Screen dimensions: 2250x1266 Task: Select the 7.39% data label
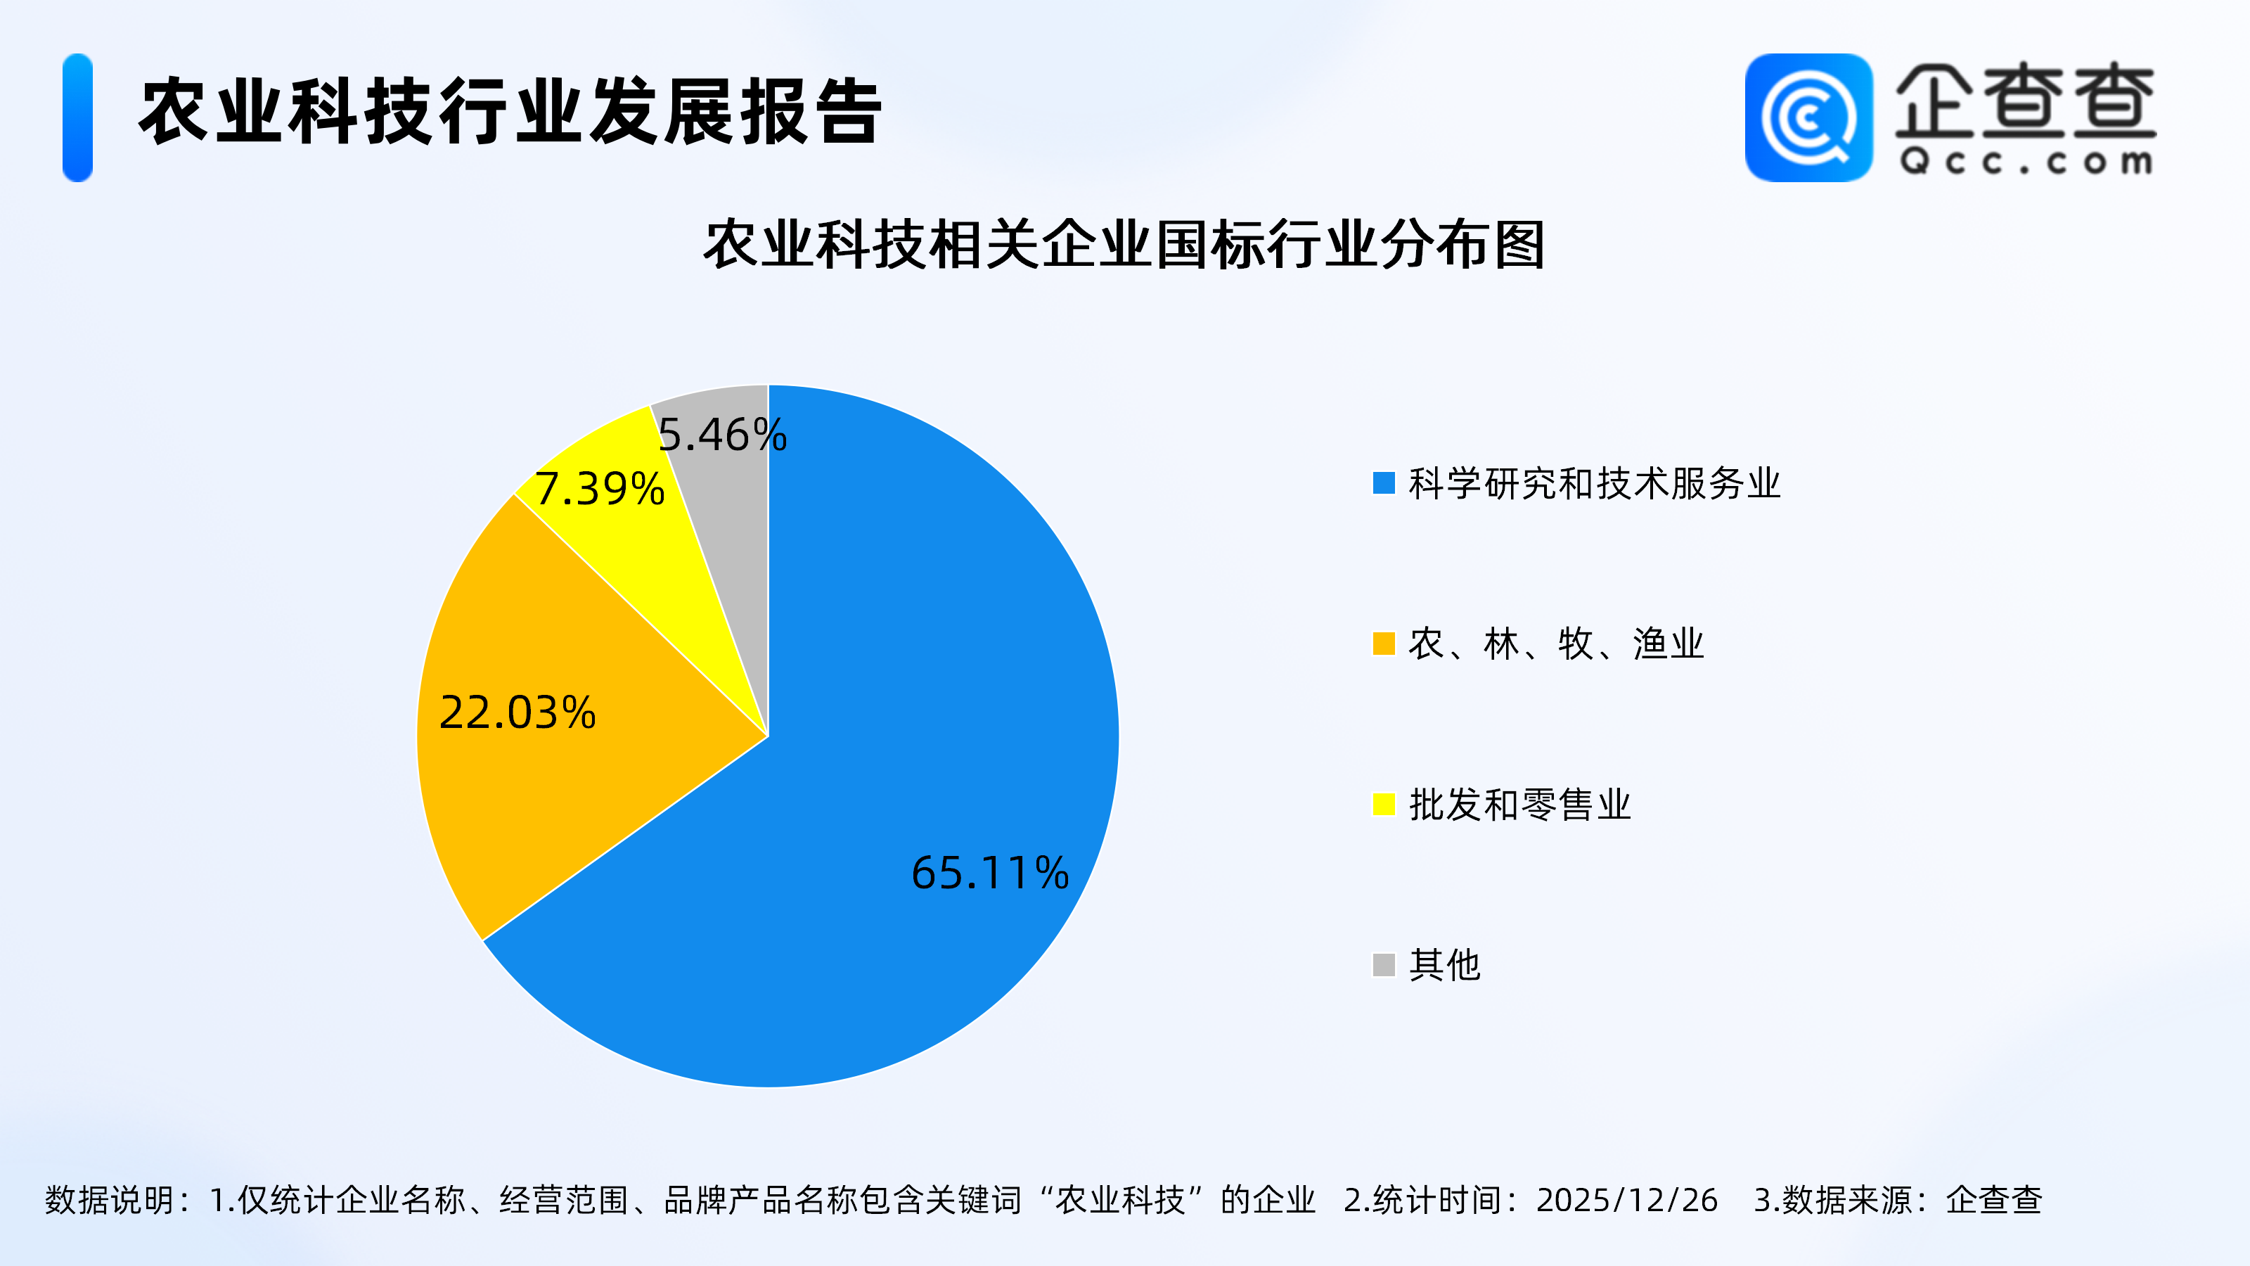pyautogui.click(x=600, y=488)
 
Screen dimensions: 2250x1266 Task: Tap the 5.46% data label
pyautogui.click(x=722, y=434)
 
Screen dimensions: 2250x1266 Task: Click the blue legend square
pyautogui.click(x=1384, y=483)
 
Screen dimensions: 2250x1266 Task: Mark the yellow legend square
pyautogui.click(x=1384, y=804)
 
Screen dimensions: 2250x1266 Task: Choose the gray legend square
pyautogui.click(x=1384, y=964)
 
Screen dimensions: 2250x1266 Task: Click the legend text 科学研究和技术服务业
pyautogui.click(x=1595, y=483)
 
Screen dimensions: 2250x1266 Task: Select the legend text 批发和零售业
pyautogui.click(x=1519, y=804)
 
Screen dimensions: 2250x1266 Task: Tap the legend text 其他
pyautogui.click(x=1445, y=964)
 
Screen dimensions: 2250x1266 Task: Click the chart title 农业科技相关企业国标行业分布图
pyautogui.click(x=1125, y=245)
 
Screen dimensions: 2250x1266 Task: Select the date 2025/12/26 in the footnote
pyautogui.click(x=1626, y=1201)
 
